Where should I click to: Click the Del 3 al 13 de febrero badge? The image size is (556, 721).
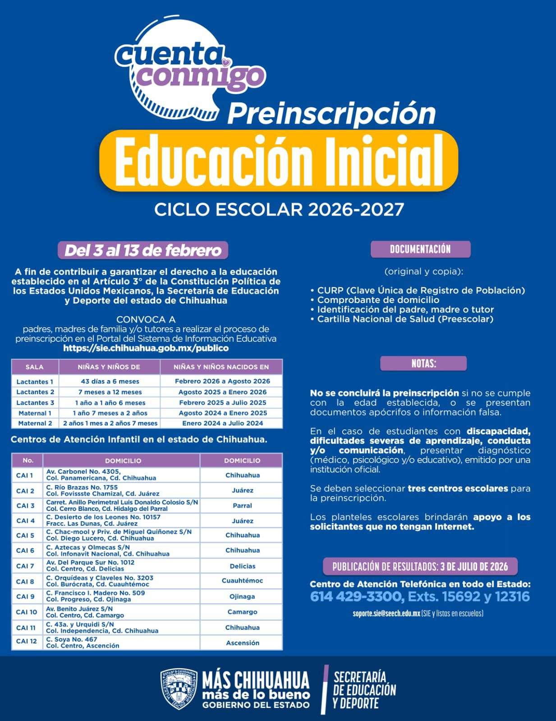click(143, 250)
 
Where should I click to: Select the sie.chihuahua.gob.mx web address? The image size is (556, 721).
click(146, 348)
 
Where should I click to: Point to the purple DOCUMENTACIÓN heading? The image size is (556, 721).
click(420, 249)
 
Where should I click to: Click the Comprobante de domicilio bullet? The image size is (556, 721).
click(378, 300)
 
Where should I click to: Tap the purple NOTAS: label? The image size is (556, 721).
click(423, 363)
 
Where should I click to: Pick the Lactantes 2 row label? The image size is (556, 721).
click(35, 392)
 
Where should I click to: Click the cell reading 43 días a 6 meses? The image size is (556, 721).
click(110, 381)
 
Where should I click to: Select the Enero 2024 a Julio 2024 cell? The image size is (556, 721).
click(222, 423)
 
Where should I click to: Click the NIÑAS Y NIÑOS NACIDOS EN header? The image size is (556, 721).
click(221, 367)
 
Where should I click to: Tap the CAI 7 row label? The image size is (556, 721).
click(25, 566)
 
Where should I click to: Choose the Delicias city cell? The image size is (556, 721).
click(242, 566)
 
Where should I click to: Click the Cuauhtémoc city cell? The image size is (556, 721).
click(242, 581)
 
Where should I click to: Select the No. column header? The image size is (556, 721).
click(28, 460)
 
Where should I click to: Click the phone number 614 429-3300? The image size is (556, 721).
click(357, 597)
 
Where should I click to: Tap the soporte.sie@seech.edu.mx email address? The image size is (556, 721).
click(386, 613)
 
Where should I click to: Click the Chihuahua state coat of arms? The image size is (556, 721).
click(179, 689)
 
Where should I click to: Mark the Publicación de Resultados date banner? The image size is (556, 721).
click(420, 567)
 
